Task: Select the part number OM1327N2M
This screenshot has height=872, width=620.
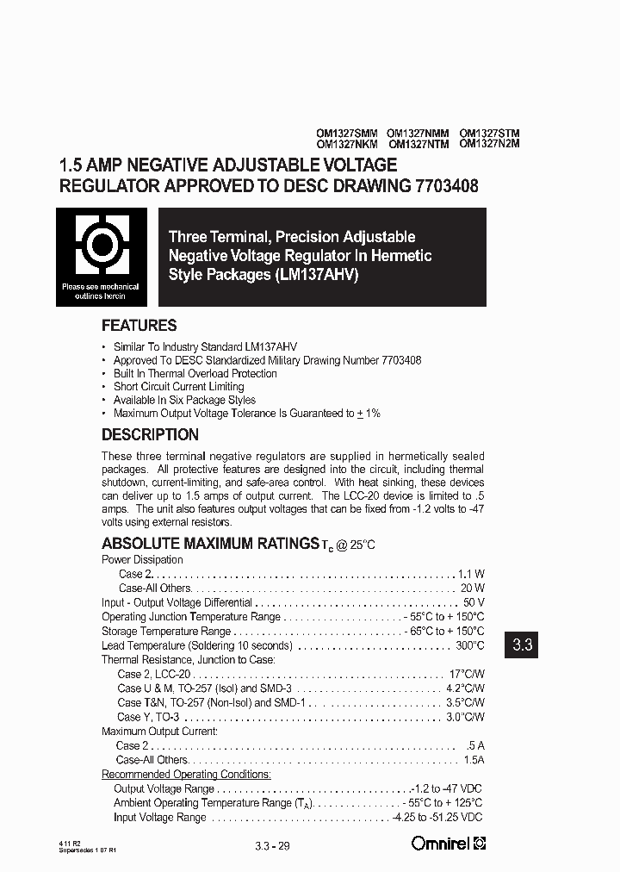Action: coord(489,145)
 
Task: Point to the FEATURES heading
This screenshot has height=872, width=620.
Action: coord(139,326)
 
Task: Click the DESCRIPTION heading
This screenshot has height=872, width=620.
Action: coord(150,434)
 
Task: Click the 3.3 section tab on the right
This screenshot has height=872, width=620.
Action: coord(524,644)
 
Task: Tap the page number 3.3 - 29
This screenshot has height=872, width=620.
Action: coord(273,845)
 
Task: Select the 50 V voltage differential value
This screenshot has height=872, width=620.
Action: coord(474,602)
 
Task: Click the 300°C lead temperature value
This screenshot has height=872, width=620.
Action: coord(468,645)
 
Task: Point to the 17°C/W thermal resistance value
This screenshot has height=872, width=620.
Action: coord(467,674)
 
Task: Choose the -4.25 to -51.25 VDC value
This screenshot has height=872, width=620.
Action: coord(437,817)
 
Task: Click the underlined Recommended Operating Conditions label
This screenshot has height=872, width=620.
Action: coord(186,775)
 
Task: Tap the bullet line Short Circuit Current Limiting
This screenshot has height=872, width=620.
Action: coord(178,387)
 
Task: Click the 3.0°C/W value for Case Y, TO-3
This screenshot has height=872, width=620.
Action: coord(466,717)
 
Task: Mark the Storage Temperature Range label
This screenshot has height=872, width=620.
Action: coord(165,631)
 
